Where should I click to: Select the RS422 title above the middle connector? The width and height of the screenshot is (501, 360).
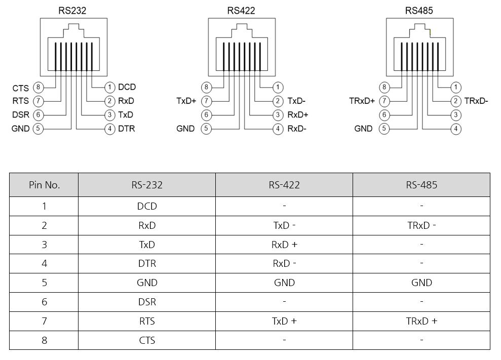pyautogui.click(x=242, y=10)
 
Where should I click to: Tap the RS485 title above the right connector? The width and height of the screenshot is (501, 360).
pyautogui.click(x=419, y=10)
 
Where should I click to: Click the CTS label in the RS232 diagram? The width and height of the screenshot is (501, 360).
pyautogui.click(x=21, y=88)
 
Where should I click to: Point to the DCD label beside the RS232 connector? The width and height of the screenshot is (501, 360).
pyautogui.click(x=127, y=88)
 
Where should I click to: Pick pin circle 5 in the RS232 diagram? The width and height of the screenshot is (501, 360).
pyautogui.click(x=37, y=129)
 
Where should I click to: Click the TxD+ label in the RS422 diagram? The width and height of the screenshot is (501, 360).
pyautogui.click(x=186, y=101)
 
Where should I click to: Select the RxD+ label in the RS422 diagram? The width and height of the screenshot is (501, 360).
pyautogui.click(x=298, y=115)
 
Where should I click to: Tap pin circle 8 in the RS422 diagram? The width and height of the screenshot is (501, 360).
pyautogui.click(x=206, y=88)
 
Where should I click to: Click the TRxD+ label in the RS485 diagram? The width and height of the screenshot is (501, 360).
pyautogui.click(x=362, y=101)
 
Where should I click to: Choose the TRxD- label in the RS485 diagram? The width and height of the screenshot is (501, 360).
pyautogui.click(x=476, y=101)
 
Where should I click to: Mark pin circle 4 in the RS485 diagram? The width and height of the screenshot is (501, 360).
pyautogui.click(x=456, y=129)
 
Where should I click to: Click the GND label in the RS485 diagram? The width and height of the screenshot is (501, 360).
pyautogui.click(x=364, y=129)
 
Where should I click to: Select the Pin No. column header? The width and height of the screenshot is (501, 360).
pyautogui.click(x=44, y=185)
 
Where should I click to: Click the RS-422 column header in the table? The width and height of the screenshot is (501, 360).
pyautogui.click(x=284, y=185)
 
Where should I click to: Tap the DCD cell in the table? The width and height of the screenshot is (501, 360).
pyautogui.click(x=147, y=207)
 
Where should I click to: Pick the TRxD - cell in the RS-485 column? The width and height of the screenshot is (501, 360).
pyautogui.click(x=421, y=226)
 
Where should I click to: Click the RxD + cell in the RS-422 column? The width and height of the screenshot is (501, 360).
pyautogui.click(x=284, y=245)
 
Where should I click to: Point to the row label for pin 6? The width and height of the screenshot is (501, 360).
pyautogui.click(x=44, y=302)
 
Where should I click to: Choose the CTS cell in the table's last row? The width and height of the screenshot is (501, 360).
pyautogui.click(x=147, y=340)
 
